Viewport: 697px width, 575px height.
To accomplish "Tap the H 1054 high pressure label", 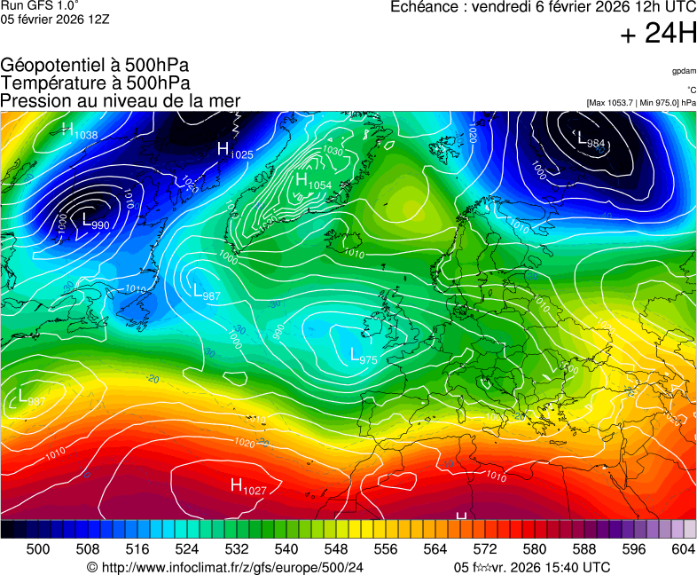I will pos(312,182).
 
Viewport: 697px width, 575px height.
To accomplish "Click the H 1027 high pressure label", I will pos(248,485).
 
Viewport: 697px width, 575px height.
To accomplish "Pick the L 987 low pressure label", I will pos(207,291).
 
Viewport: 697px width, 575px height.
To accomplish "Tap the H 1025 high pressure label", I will pos(235,151).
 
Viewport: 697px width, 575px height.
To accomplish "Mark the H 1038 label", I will pos(80,132).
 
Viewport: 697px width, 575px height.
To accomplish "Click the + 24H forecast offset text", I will pos(658,34).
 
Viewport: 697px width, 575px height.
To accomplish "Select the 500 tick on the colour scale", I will pos(37,549).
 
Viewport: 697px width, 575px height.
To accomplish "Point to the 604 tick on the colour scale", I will pos(683,549).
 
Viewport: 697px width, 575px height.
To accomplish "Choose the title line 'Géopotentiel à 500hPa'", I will pos(95,66).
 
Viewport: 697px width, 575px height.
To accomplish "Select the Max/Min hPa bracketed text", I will pos(640,103).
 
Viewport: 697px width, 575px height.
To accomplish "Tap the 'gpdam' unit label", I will pos(684,71).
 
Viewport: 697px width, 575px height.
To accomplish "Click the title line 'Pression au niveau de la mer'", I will pos(121,100).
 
